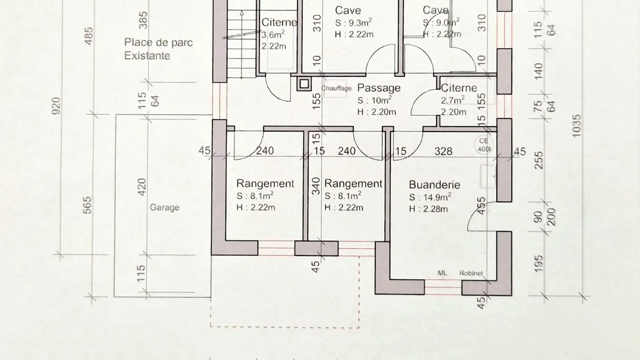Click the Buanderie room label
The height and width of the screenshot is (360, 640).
(x=434, y=185)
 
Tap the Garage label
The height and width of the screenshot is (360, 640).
(x=164, y=207)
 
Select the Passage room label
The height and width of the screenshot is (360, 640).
(x=379, y=88)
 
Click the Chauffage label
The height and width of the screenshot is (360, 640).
(x=336, y=88)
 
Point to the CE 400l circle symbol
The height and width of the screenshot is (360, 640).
(x=484, y=145)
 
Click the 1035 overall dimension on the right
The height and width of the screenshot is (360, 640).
(x=576, y=125)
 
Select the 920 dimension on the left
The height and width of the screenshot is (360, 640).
(x=57, y=106)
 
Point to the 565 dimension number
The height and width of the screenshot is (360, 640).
(x=88, y=205)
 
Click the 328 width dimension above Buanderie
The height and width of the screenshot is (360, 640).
(x=443, y=152)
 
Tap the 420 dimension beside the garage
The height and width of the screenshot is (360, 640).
(x=142, y=187)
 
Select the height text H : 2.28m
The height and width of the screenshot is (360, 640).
(x=428, y=209)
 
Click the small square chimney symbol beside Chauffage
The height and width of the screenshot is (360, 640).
(x=304, y=84)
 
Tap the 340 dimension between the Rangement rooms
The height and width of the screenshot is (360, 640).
(x=316, y=186)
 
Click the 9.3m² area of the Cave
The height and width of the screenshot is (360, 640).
(x=360, y=22)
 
